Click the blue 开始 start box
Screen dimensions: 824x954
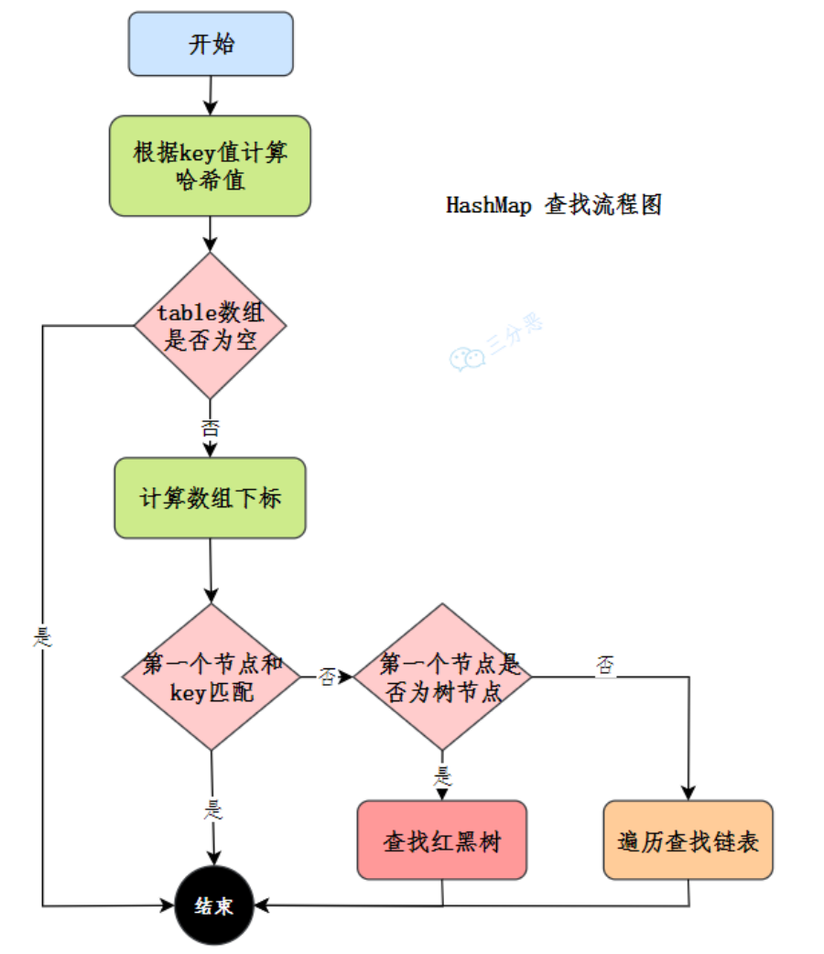click(x=211, y=44)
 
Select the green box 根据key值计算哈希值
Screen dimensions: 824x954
click(x=210, y=166)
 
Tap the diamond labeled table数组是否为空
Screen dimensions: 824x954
click(x=210, y=326)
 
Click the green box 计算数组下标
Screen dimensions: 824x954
click(x=210, y=498)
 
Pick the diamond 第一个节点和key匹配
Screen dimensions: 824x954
click(x=211, y=677)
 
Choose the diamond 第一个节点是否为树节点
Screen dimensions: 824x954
click(x=442, y=677)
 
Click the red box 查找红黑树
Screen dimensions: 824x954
click(x=442, y=840)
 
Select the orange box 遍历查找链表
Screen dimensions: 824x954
click(x=688, y=840)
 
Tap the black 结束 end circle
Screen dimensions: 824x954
click(x=214, y=905)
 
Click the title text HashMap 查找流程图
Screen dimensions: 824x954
click(x=554, y=205)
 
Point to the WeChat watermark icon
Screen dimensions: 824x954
click(x=467, y=359)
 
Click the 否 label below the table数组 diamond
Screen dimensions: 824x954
click(x=210, y=428)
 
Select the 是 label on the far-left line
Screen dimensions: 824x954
click(x=43, y=637)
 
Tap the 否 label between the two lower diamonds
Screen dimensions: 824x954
click(x=328, y=677)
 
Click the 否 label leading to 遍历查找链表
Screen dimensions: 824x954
click(x=605, y=665)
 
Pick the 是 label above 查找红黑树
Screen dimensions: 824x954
click(x=442, y=775)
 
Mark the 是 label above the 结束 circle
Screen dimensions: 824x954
click(x=213, y=809)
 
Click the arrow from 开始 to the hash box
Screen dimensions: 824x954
click(x=211, y=95)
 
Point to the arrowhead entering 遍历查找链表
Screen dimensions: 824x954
click(x=688, y=793)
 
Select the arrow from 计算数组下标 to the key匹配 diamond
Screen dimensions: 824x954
click(x=211, y=570)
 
